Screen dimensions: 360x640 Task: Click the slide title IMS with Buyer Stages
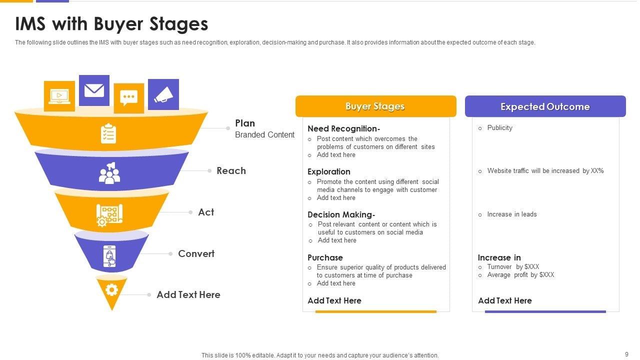click(x=111, y=24)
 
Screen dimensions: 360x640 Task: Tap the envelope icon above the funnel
click(x=94, y=90)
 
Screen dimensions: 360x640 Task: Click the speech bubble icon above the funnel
click(x=129, y=98)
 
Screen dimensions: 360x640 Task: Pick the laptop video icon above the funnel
click(x=59, y=96)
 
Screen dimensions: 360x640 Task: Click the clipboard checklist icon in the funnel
click(x=108, y=133)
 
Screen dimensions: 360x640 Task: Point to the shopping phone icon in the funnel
click(x=110, y=256)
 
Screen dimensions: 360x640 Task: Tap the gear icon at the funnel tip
click(x=111, y=290)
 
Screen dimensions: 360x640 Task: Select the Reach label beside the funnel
click(x=231, y=171)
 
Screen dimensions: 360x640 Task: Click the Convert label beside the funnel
click(x=196, y=254)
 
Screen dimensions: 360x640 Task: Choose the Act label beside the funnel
click(x=206, y=212)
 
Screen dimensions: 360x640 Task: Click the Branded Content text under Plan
click(x=264, y=135)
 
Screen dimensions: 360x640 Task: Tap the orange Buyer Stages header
click(x=375, y=106)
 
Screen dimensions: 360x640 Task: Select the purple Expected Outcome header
click(x=545, y=106)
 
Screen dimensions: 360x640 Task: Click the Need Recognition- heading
click(x=344, y=129)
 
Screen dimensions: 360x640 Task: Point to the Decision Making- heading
click(x=341, y=215)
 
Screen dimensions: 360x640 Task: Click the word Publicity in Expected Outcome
click(x=499, y=128)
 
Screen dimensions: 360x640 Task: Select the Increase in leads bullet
click(x=511, y=214)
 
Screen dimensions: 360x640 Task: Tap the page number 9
click(x=626, y=354)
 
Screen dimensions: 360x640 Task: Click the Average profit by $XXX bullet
click(x=520, y=275)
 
